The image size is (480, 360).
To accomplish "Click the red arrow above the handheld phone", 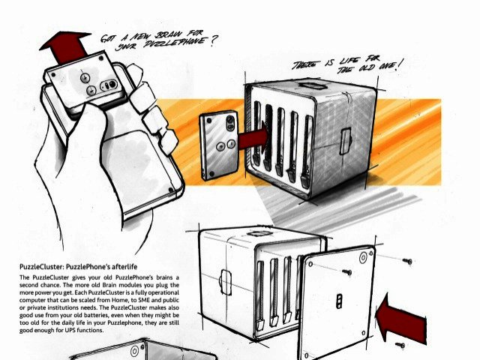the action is click(x=66, y=46).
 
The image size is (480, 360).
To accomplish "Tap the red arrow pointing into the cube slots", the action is click(x=253, y=137).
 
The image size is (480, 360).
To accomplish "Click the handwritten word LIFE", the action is click(x=349, y=61).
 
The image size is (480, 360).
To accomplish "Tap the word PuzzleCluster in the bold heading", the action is click(x=42, y=266).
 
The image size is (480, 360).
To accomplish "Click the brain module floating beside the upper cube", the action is click(x=219, y=145).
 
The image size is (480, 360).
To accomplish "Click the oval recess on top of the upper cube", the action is click(x=312, y=85).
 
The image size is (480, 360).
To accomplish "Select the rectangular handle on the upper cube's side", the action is click(x=345, y=142).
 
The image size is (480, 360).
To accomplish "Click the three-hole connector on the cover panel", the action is click(x=340, y=301).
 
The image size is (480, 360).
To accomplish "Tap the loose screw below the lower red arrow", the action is click(x=400, y=345).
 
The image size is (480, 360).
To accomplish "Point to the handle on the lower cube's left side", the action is click(x=225, y=282).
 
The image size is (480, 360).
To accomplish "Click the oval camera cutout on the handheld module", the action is click(x=109, y=85).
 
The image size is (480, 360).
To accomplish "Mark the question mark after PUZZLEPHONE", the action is click(x=211, y=42).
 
